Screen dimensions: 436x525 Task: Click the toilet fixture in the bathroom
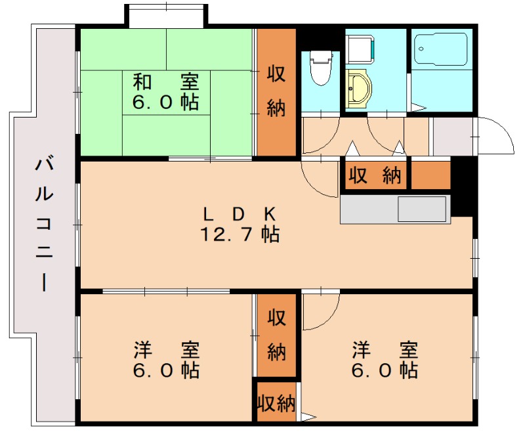point(321,68)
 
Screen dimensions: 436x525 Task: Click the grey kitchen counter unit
point(394,209)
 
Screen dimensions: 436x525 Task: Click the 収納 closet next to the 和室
point(276,92)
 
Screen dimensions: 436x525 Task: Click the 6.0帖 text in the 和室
point(165,103)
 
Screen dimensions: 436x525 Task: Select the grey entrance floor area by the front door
point(453,137)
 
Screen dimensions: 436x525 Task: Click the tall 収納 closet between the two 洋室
point(276,335)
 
